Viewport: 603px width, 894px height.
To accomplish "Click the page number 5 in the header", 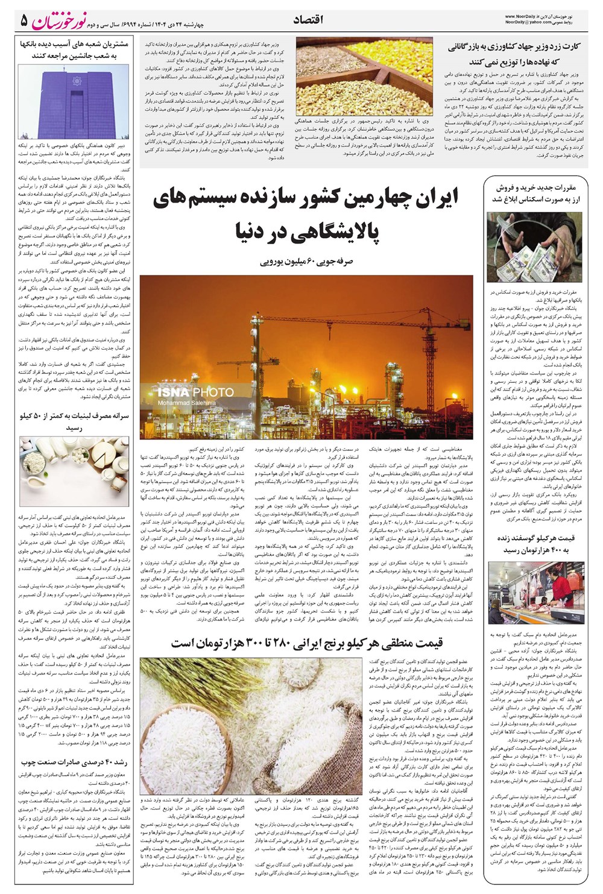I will tap(24, 20).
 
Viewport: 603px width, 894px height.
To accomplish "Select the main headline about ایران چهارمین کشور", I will tap(305, 216).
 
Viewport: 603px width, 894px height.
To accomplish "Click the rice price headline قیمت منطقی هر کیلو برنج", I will tap(307, 643).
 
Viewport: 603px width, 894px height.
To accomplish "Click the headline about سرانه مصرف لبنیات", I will tap(74, 421).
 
